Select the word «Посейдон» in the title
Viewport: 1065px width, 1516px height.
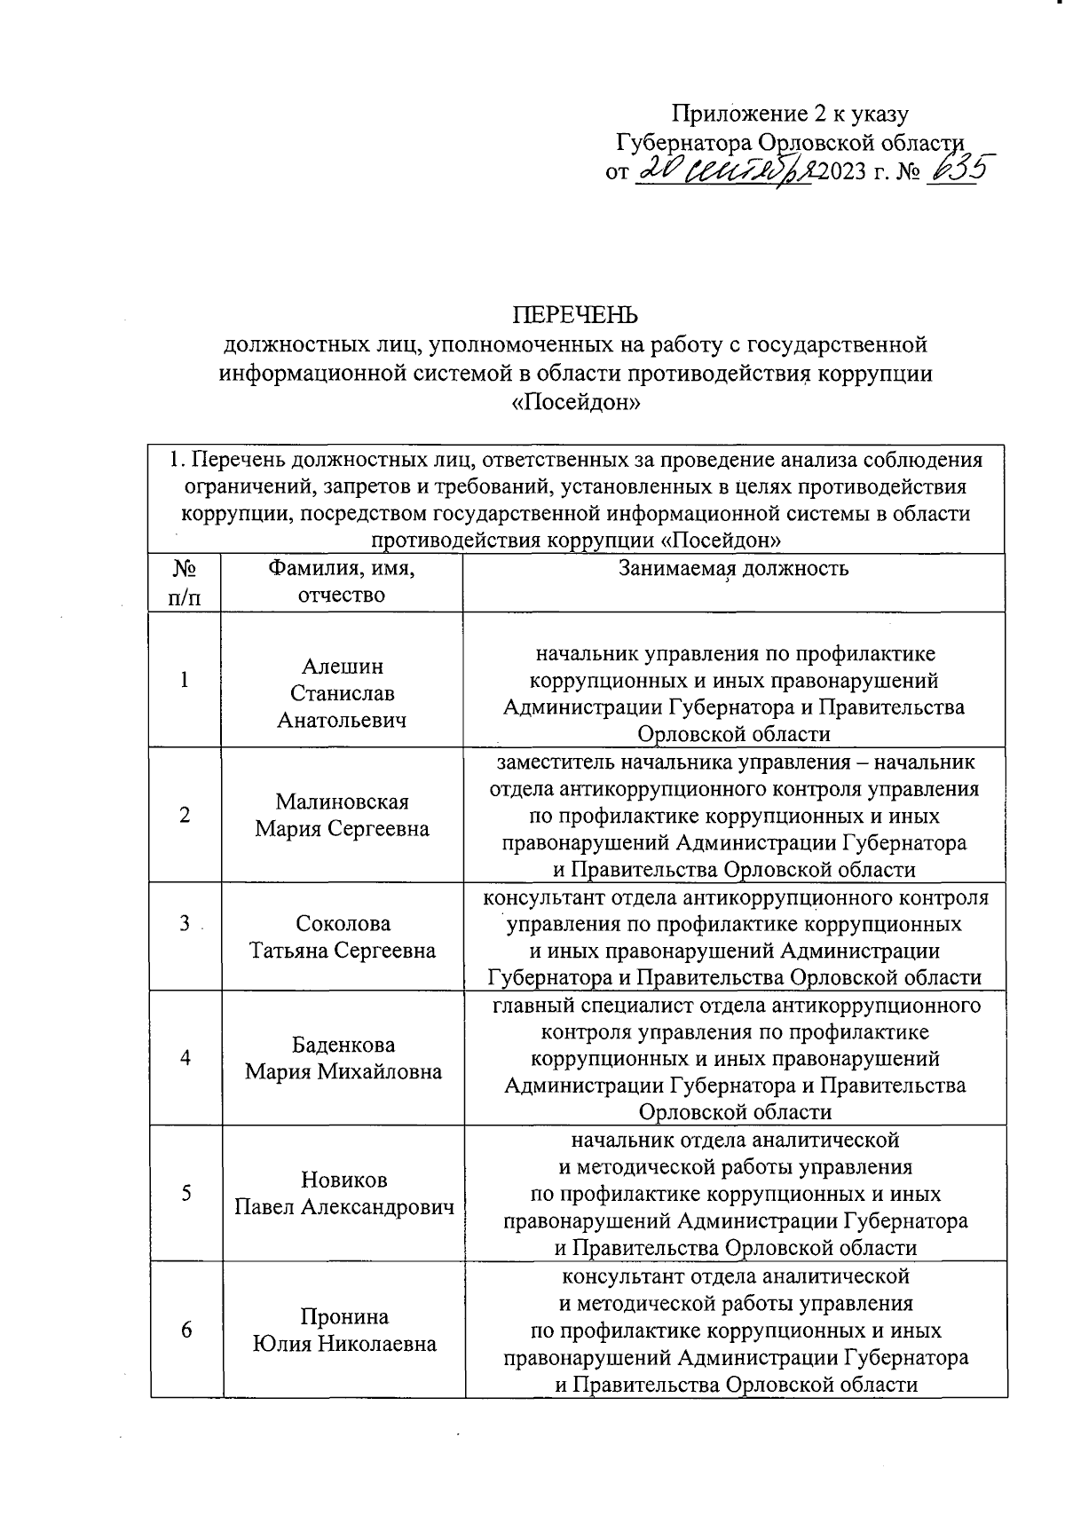pos(576,403)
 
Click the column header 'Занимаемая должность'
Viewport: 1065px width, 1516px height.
pos(733,569)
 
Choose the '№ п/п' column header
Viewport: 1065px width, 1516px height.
pos(184,581)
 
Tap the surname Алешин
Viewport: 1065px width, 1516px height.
pos(342,666)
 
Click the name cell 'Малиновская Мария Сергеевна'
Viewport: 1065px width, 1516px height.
pos(342,815)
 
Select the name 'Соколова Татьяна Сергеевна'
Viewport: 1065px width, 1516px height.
pos(342,936)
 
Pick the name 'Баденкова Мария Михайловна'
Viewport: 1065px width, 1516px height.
pos(343,1058)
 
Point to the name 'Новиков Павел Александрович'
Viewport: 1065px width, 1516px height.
pos(343,1194)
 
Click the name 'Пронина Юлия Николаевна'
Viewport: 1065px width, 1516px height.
pos(343,1330)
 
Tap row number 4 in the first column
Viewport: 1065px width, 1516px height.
pos(185,1058)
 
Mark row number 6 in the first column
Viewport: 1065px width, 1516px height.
pos(185,1330)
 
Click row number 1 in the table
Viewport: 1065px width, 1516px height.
pos(185,680)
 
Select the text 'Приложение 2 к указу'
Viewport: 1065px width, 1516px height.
pos(790,114)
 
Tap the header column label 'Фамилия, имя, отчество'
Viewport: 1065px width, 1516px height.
pos(342,581)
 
